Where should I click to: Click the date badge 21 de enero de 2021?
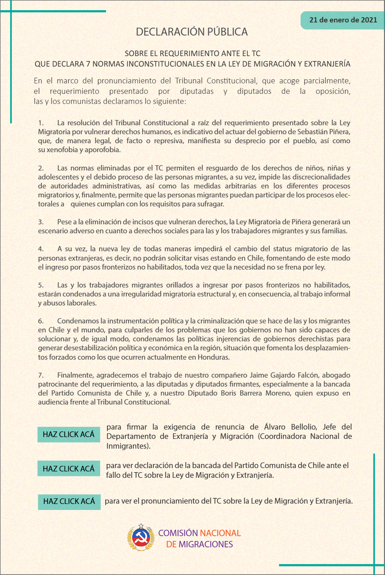pos(343,20)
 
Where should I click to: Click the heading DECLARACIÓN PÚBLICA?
pos(192,32)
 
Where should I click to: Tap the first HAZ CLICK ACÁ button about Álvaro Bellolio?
pos(69,434)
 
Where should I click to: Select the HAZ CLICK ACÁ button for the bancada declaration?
pos(69,468)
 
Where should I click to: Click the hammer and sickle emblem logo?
pos(141,538)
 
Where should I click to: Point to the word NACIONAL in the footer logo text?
pos(220,533)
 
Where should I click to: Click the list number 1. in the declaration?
pos(41,123)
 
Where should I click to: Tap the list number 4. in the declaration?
pos(41,249)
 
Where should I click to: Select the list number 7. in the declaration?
pos(41,375)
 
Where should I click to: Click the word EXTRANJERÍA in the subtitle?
pos(327,64)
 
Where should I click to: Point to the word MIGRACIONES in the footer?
pos(206,544)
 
